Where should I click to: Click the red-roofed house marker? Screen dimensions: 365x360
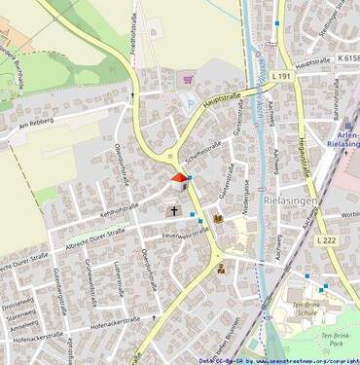pos(178,178)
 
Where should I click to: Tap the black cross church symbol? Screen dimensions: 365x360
pos(175,209)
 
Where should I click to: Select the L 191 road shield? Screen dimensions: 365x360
pos(281,75)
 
